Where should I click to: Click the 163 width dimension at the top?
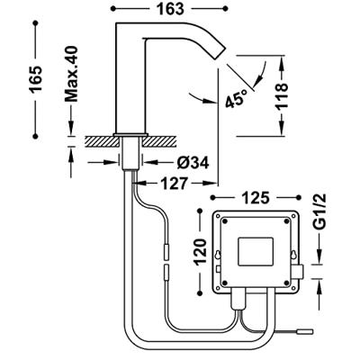pyautogui.click(x=170, y=9)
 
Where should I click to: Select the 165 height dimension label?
pyautogui.click(x=36, y=79)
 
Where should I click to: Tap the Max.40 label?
pyautogui.click(x=71, y=74)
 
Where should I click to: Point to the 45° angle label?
pyautogui.click(x=236, y=98)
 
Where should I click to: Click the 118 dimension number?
pyautogui.click(x=282, y=95)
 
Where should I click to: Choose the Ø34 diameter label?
pyautogui.click(x=193, y=163)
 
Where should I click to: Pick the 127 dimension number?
pyautogui.click(x=174, y=184)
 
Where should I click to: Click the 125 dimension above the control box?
pyautogui.click(x=256, y=198)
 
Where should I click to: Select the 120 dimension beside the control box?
pyautogui.click(x=201, y=251)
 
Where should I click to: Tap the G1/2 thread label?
pyautogui.click(x=321, y=216)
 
